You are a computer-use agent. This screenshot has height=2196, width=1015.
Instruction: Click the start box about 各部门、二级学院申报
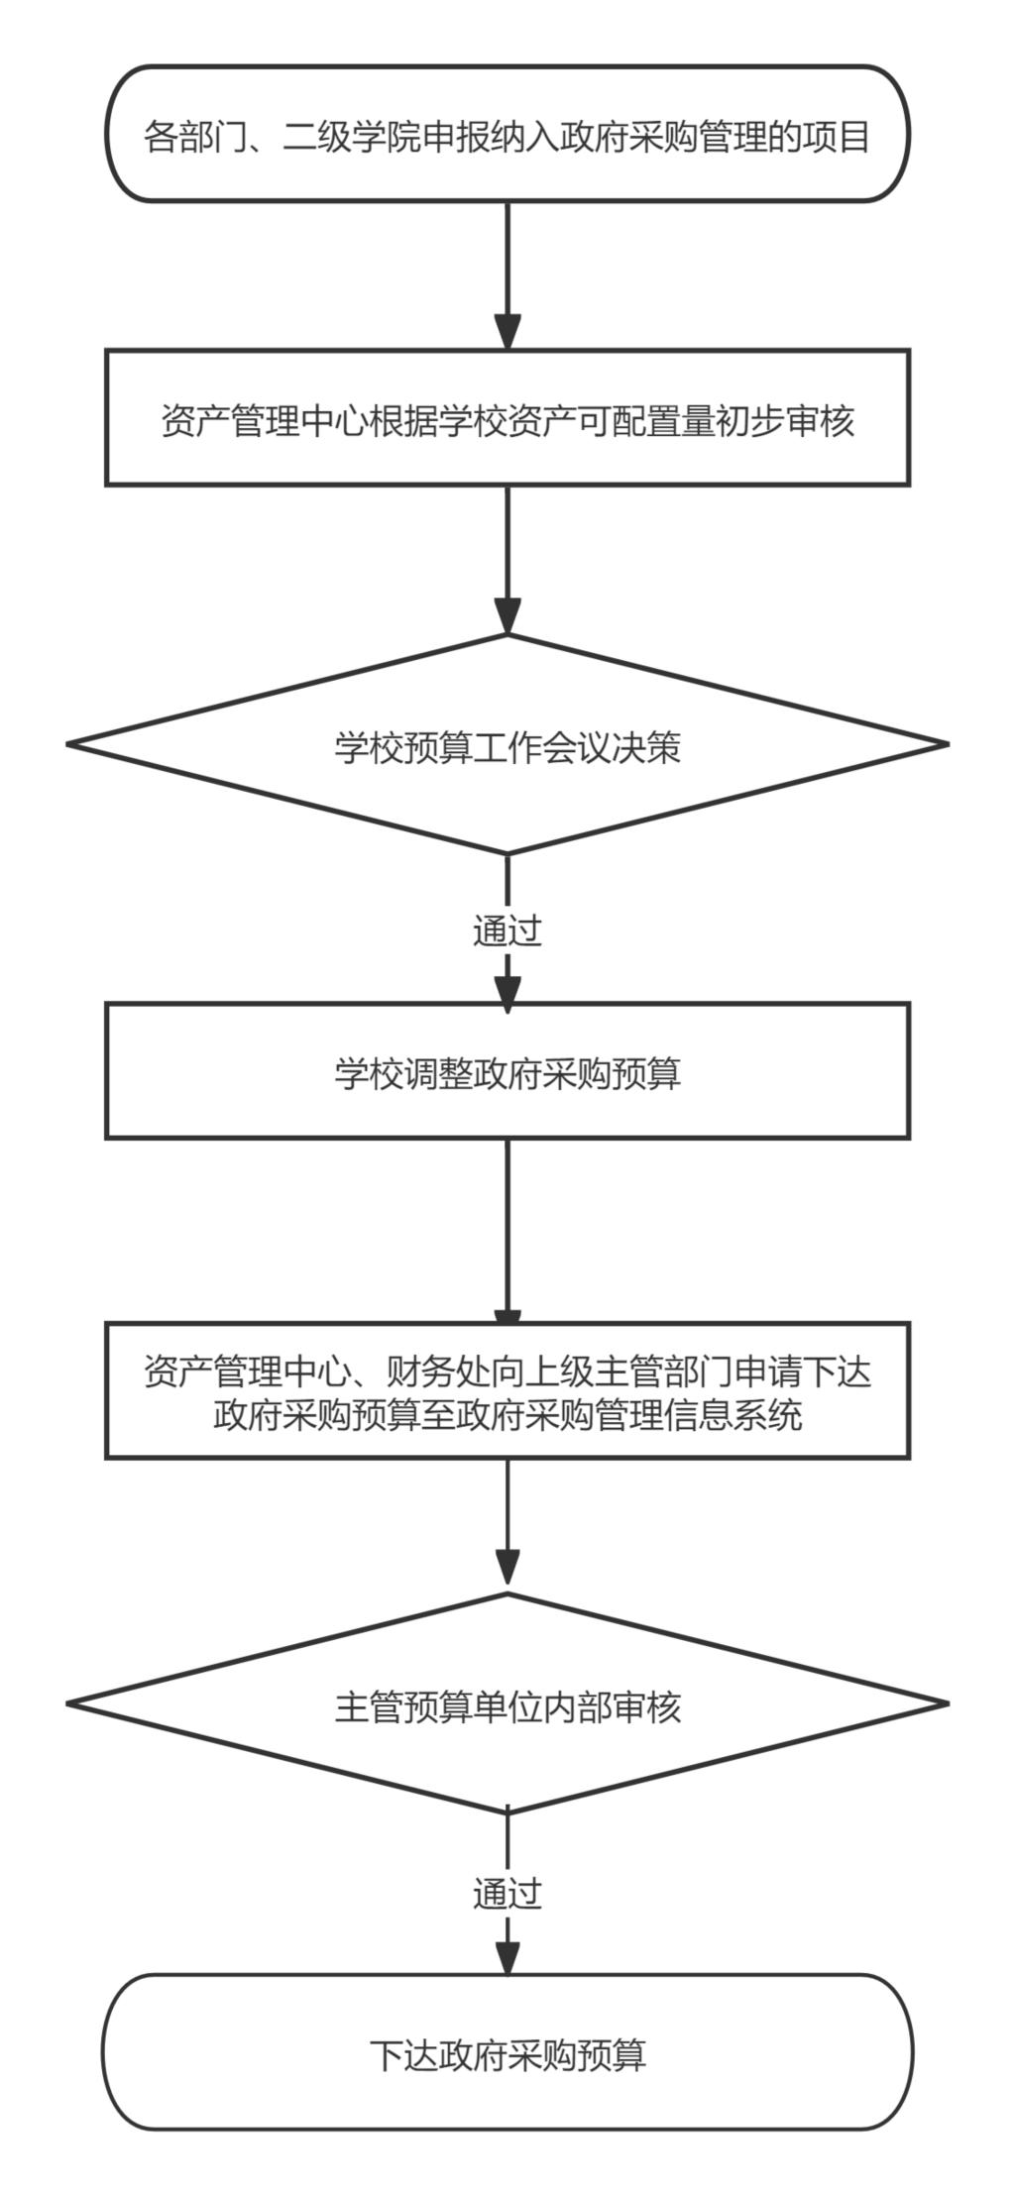(x=507, y=135)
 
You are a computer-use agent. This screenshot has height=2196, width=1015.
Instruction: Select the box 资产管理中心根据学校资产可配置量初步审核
(x=507, y=417)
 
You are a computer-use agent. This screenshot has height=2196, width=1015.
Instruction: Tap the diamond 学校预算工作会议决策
(x=507, y=744)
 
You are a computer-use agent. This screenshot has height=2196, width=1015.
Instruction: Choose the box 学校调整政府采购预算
(x=507, y=1070)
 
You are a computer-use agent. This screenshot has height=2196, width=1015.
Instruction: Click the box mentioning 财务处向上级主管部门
(x=507, y=1390)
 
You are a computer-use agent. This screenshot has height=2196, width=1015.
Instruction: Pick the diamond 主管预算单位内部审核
(x=507, y=1704)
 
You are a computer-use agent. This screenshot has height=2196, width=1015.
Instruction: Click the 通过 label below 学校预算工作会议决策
(x=507, y=931)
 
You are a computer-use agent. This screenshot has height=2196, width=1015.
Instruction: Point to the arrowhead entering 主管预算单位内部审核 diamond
(x=507, y=1576)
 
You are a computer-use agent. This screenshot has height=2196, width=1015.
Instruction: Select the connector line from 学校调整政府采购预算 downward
(x=507, y=1230)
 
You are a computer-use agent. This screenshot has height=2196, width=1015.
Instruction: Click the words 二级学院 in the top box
(x=351, y=136)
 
